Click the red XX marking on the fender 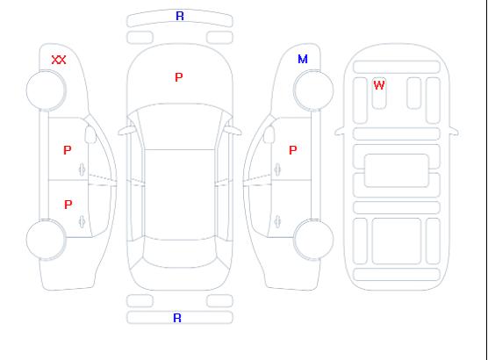(59, 60)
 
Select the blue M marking (303, 59)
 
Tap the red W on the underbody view (379, 85)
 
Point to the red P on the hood (179, 77)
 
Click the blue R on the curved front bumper (180, 16)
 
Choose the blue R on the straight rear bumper (177, 318)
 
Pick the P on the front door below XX (68, 150)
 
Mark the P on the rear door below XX (68, 205)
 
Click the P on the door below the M (293, 150)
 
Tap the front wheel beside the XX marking (46, 90)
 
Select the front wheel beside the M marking (313, 90)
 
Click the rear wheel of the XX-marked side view (46, 240)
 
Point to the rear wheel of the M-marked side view (313, 240)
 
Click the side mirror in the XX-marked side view (90, 134)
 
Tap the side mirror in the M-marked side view (269, 134)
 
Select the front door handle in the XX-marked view (83, 169)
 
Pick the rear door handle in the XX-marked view (83, 221)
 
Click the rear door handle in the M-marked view (277, 221)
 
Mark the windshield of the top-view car (180, 126)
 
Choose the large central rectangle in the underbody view (397, 170)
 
